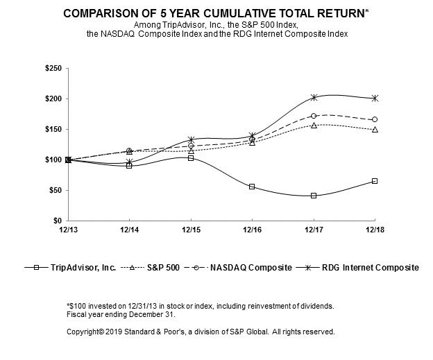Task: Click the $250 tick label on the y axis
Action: (x=52, y=68)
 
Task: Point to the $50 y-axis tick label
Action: (x=54, y=190)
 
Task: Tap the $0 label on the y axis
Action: (x=57, y=221)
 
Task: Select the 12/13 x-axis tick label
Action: (x=68, y=230)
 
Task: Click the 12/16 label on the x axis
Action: (x=252, y=230)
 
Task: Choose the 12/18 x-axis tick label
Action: (x=375, y=230)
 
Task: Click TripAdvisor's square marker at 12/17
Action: (x=314, y=196)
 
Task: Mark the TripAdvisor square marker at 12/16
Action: (x=252, y=187)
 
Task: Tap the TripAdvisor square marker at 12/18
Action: (x=375, y=181)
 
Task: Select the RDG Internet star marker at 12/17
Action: (x=314, y=98)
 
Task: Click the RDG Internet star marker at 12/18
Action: (x=375, y=98)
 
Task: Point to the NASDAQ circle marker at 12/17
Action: (x=314, y=116)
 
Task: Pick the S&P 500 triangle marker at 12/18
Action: (x=375, y=129)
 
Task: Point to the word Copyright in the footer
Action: (x=83, y=332)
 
